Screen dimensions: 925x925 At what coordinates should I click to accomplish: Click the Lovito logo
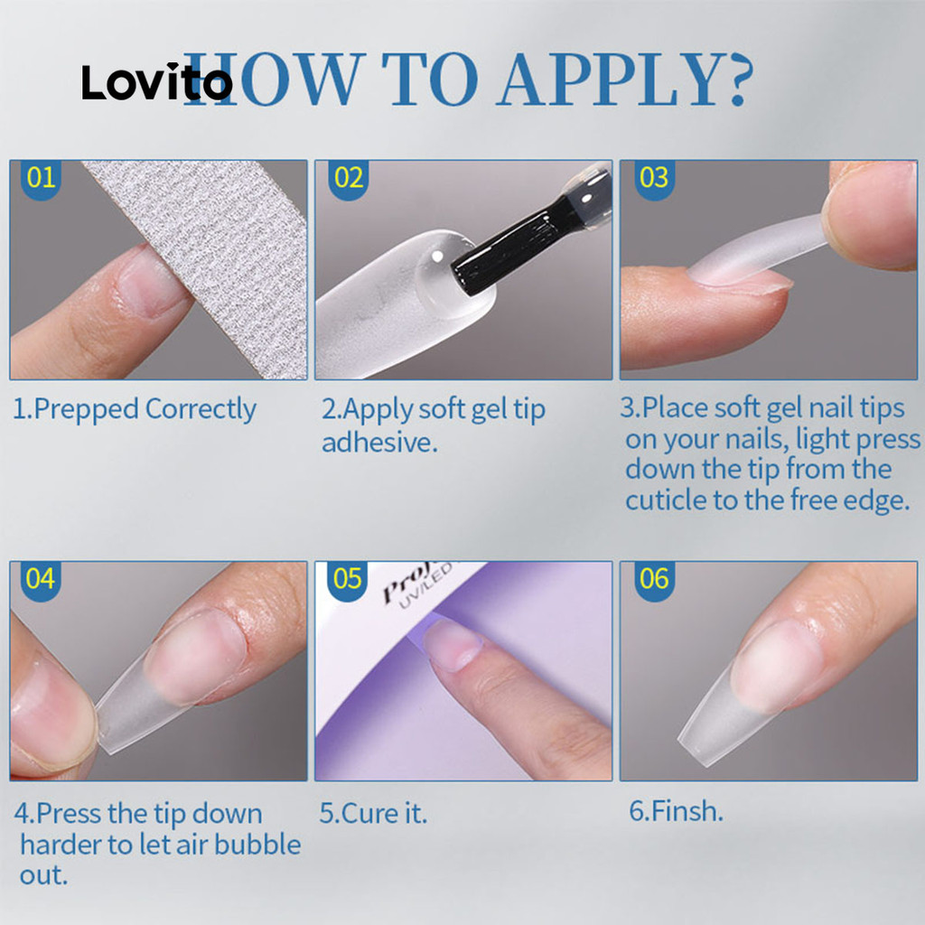point(157,81)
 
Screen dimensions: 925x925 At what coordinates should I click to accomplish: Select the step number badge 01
point(41,179)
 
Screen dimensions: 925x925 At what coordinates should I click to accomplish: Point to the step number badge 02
point(349,179)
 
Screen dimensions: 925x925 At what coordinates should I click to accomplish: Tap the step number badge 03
point(654,179)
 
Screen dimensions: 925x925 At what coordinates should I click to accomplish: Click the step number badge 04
point(41,580)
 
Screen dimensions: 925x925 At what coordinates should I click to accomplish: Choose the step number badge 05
point(348,580)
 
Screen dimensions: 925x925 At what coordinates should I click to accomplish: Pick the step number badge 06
point(654,580)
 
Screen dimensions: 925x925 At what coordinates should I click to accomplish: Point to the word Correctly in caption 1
point(201,410)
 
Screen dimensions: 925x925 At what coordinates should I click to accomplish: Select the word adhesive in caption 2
point(379,443)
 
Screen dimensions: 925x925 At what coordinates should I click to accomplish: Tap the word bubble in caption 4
point(257,845)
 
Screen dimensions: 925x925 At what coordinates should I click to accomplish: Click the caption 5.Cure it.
point(373,814)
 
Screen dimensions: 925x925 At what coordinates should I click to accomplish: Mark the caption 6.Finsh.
point(676,811)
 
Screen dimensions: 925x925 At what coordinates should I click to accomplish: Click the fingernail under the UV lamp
point(452,644)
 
